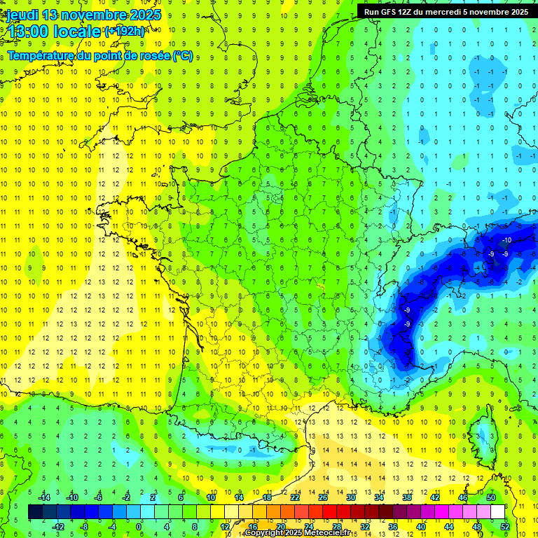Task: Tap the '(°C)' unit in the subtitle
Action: click(x=184, y=55)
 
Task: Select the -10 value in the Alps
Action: click(x=506, y=240)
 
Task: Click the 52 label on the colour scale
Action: click(x=505, y=526)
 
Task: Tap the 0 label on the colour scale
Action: click(x=139, y=526)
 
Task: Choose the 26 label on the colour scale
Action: click(x=323, y=497)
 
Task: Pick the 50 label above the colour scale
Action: click(x=491, y=497)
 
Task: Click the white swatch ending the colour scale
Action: click(x=498, y=512)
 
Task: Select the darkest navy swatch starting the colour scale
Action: click(x=35, y=512)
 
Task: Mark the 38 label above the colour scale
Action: click(x=407, y=497)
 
